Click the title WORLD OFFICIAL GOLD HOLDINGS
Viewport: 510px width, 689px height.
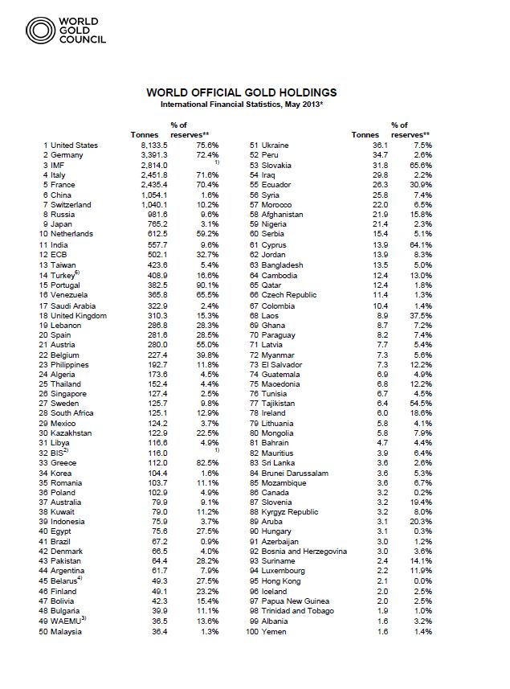tap(242, 93)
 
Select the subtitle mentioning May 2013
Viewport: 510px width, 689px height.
tap(242, 105)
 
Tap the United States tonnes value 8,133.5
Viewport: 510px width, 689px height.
tap(152, 146)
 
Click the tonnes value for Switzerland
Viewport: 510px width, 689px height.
tap(152, 205)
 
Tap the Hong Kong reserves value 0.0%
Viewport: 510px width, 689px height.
tap(422, 582)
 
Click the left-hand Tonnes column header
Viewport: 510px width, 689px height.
tap(144, 134)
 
